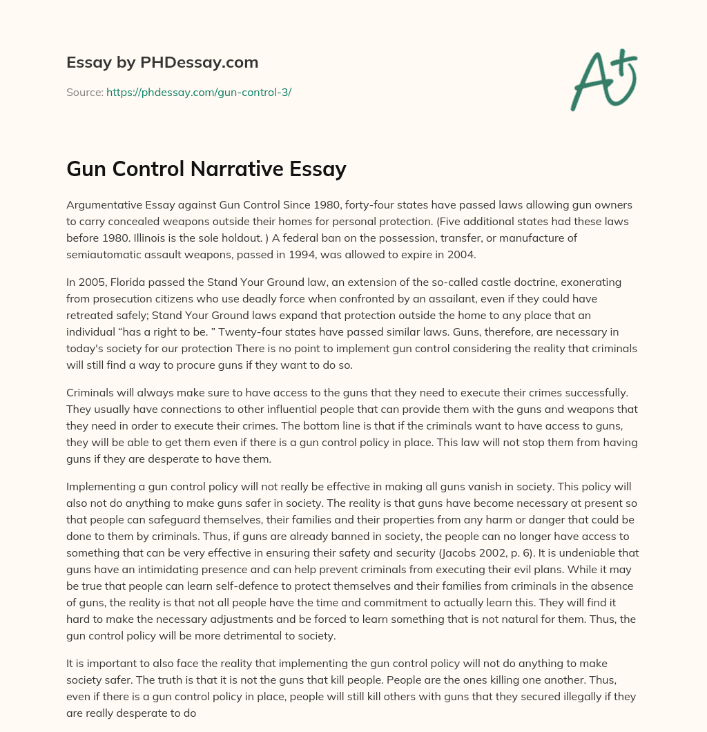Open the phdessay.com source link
(199, 92)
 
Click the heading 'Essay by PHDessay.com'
(162, 63)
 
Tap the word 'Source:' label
(84, 92)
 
